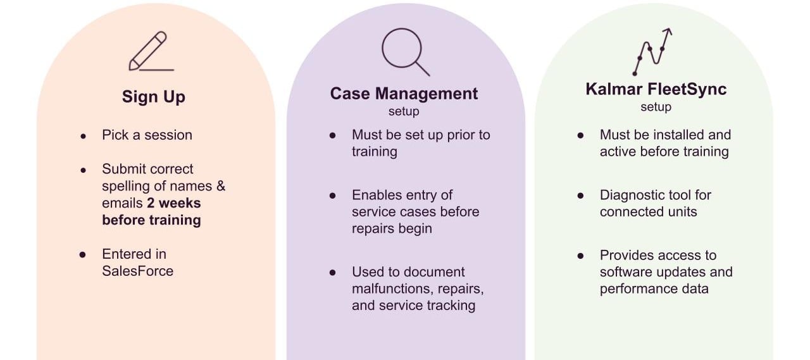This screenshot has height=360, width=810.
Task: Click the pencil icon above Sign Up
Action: [151, 51]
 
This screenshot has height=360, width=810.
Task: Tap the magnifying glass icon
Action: [404, 51]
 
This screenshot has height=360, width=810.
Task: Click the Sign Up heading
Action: [153, 97]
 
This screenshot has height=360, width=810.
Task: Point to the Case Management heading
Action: [404, 94]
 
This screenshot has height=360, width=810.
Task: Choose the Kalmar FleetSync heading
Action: [656, 89]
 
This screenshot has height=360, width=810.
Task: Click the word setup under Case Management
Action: [404, 111]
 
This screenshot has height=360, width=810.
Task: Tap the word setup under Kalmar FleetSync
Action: [656, 107]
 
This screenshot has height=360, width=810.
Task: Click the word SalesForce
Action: [137, 271]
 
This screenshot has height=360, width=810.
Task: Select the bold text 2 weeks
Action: [174, 203]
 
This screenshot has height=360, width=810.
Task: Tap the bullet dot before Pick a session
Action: [83, 136]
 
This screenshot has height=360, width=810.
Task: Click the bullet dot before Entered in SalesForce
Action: [83, 254]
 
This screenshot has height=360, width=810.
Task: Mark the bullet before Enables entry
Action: [333, 196]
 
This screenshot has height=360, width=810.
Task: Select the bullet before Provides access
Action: [580, 256]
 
